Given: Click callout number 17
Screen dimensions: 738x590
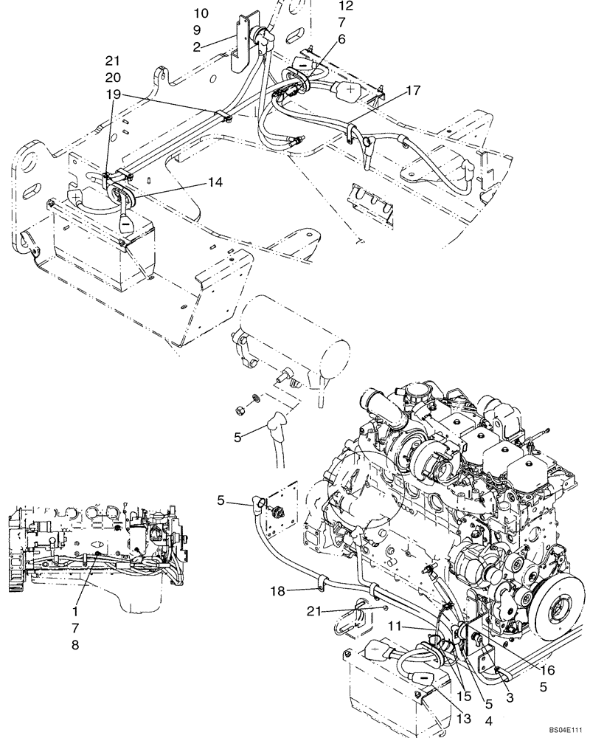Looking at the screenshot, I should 412,91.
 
